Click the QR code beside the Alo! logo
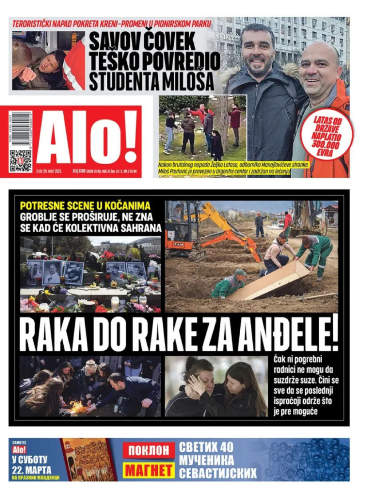[20, 161]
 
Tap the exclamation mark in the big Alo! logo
[129, 137]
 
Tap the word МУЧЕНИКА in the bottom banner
[206, 460]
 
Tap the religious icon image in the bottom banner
[88, 459]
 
